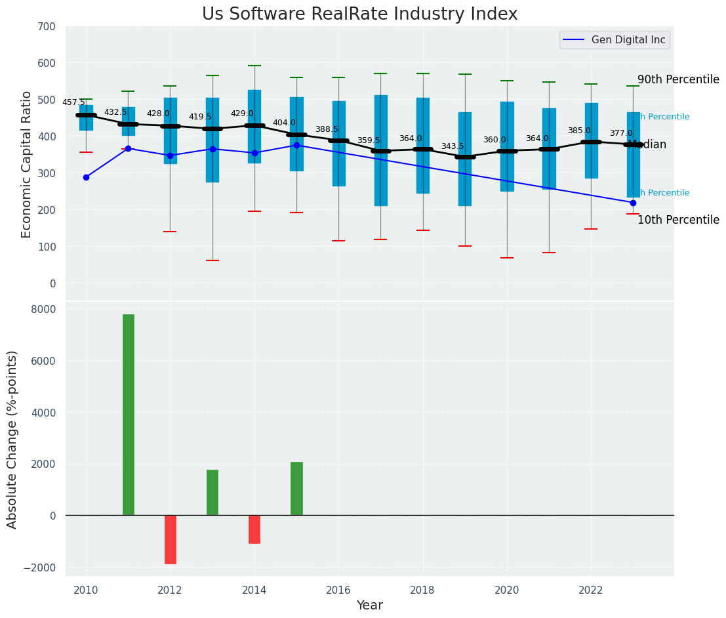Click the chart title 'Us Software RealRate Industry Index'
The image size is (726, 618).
(359, 14)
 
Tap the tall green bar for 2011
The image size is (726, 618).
(129, 415)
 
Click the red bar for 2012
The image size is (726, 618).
(171, 539)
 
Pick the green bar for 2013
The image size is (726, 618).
(212, 492)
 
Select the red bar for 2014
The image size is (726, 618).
(254, 529)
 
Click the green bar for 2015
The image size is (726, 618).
(296, 488)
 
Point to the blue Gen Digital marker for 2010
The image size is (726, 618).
(86, 177)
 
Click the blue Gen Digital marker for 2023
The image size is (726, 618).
(633, 203)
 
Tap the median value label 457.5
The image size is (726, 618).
(73, 102)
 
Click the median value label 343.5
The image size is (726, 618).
(453, 146)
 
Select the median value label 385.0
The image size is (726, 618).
(579, 131)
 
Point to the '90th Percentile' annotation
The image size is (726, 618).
(678, 79)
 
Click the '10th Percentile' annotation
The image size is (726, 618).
(678, 220)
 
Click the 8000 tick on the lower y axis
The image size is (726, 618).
(43, 309)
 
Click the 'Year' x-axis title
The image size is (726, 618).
(369, 606)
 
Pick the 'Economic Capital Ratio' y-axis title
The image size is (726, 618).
(27, 164)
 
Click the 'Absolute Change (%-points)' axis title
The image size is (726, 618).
(12, 439)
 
